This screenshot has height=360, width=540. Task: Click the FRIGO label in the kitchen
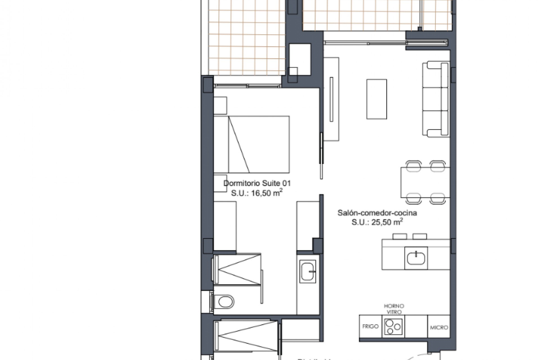(x=370, y=327)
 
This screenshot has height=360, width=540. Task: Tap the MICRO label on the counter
(x=439, y=327)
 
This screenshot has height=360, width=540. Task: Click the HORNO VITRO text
(x=394, y=309)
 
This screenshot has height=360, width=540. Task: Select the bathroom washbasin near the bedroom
(x=308, y=271)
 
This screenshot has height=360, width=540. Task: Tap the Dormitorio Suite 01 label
(x=257, y=183)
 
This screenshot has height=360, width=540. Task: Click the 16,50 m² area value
(x=257, y=193)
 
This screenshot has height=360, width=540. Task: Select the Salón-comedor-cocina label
(x=377, y=213)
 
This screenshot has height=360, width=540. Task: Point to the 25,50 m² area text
(x=377, y=222)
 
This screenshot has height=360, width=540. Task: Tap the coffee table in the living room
(x=376, y=99)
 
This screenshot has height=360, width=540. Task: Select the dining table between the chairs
(x=425, y=182)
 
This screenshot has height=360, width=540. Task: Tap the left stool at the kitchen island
(x=399, y=236)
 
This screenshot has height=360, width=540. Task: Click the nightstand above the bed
(x=220, y=105)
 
